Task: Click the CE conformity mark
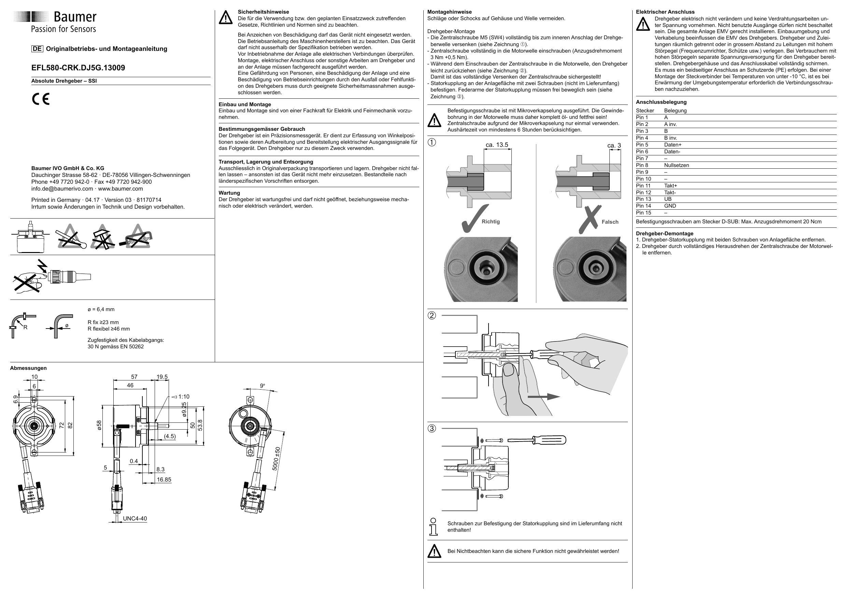[41, 99]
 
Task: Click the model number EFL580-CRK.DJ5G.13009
[78, 68]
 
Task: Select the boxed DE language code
[37, 49]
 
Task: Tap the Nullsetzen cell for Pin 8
[676, 165]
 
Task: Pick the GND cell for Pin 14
[670, 206]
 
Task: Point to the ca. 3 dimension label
[614, 146]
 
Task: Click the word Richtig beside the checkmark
[490, 221]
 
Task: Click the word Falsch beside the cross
[610, 222]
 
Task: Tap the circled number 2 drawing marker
[432, 316]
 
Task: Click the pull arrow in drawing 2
[544, 397]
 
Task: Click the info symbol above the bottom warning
[433, 527]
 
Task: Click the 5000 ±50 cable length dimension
[276, 459]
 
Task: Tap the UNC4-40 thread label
[135, 518]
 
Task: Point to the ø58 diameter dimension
[99, 425]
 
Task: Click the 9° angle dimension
[262, 386]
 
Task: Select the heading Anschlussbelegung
[661, 102]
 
